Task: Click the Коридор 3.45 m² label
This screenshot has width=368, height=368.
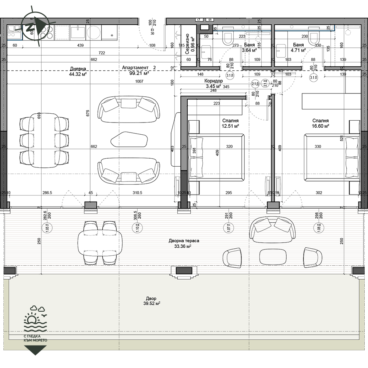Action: [213, 84]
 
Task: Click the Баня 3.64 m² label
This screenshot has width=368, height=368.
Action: [250, 48]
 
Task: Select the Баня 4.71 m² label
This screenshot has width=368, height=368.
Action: [299, 48]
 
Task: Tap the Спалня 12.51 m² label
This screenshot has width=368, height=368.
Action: [230, 123]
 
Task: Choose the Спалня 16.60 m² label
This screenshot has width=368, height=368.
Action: [321, 123]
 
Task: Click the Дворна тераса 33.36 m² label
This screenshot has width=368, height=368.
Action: [184, 243]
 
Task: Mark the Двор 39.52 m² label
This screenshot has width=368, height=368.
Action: [151, 301]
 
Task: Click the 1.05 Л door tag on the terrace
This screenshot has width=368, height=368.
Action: [47, 228]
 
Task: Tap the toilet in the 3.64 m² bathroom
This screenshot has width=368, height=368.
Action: [228, 38]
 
